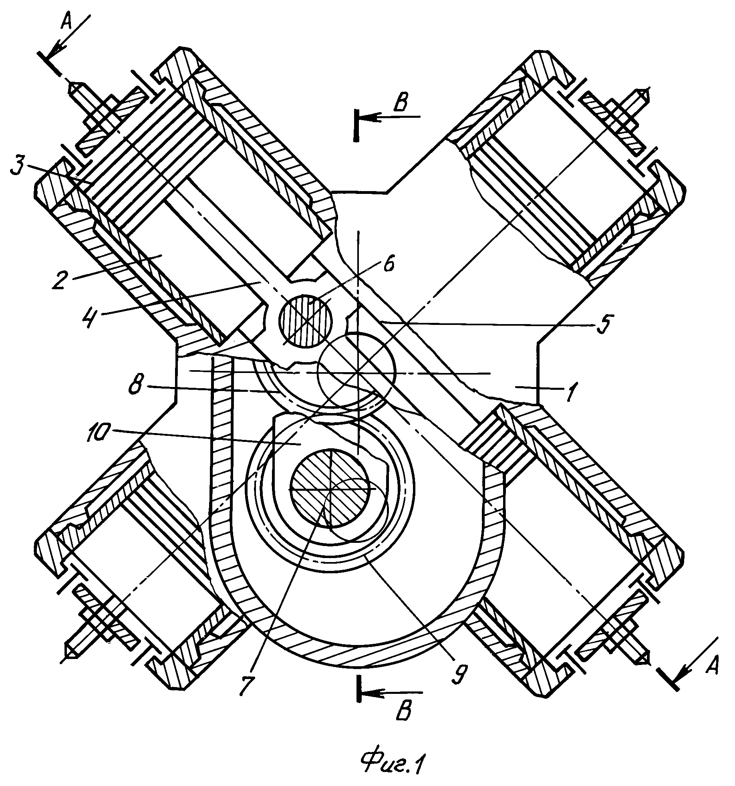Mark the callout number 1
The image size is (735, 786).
[x=572, y=391]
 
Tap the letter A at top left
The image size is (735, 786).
[x=66, y=22]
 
